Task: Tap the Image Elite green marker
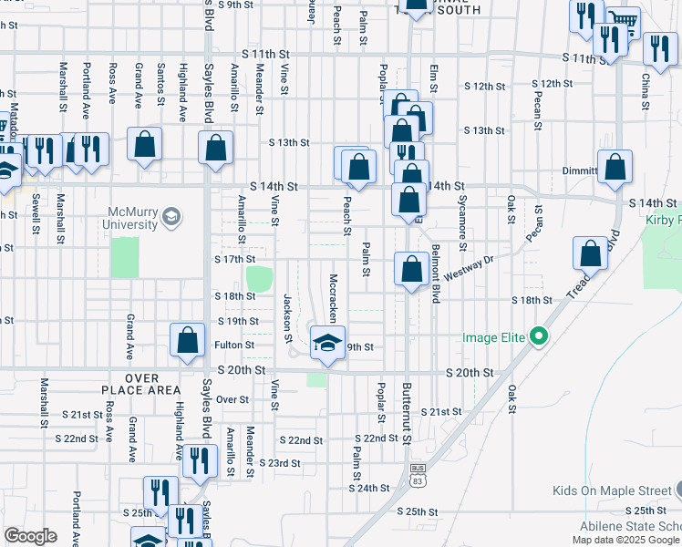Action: [x=539, y=337]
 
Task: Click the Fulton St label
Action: [x=234, y=346]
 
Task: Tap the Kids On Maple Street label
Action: [x=611, y=491]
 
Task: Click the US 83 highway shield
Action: [x=418, y=479]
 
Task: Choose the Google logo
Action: [x=31, y=536]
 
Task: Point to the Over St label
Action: [x=232, y=399]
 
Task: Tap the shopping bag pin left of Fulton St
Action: [x=187, y=341]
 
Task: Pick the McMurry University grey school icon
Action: [x=170, y=217]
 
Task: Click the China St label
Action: [x=646, y=91]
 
